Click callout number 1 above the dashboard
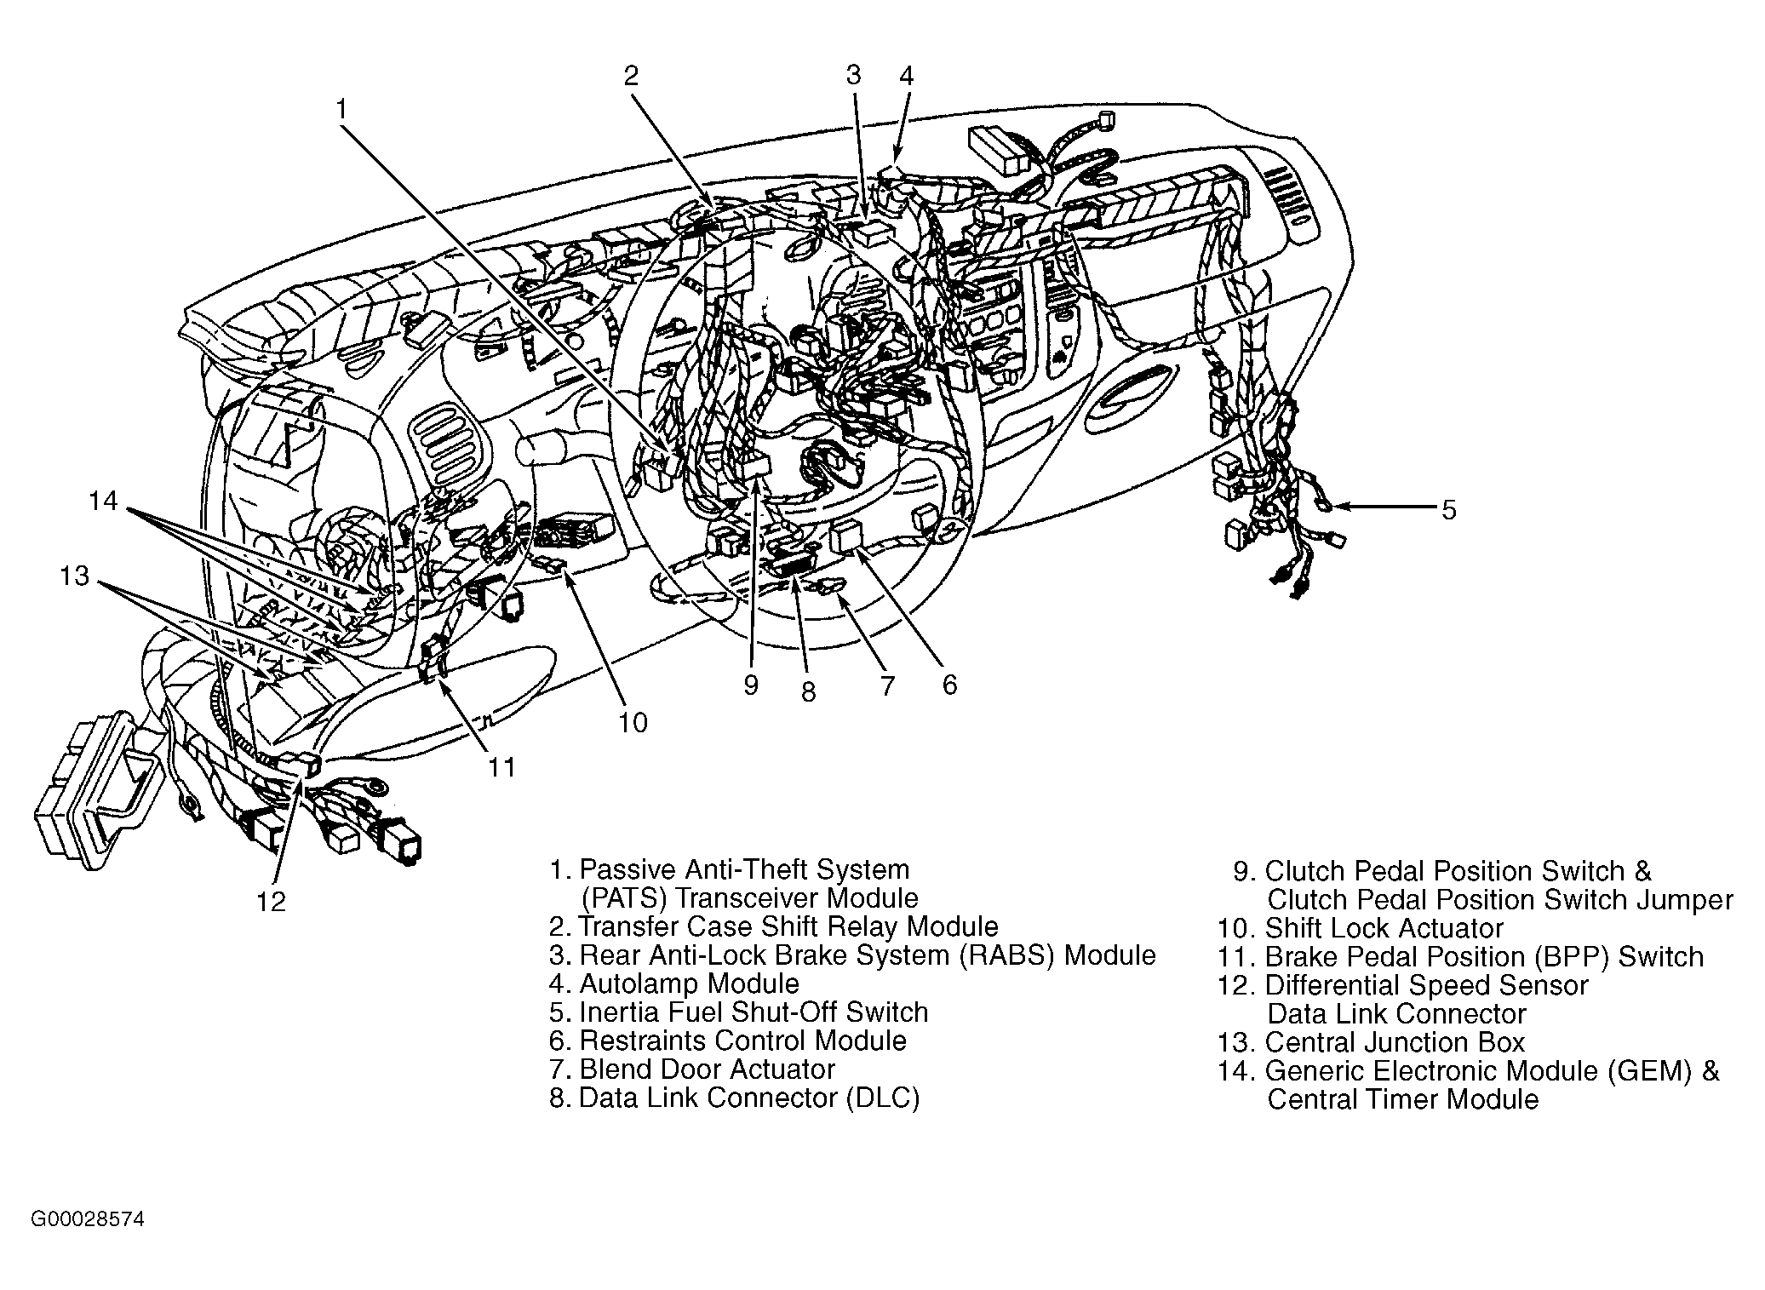(341, 110)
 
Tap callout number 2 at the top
(630, 77)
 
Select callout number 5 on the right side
(1449, 510)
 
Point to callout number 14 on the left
(103, 501)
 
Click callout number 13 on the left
(75, 576)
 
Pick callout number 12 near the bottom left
(272, 901)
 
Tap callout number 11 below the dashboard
(502, 767)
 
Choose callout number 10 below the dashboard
(633, 723)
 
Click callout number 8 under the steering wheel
(808, 691)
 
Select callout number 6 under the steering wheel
(949, 684)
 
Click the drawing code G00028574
(88, 1219)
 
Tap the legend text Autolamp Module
(689, 983)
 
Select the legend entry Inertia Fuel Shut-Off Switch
(753, 1012)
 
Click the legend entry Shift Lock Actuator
(1384, 928)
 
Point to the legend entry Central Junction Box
(1395, 1042)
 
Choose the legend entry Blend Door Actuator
(707, 1069)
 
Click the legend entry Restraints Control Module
(742, 1041)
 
